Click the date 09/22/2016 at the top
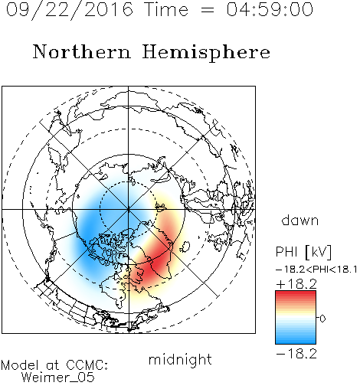pos(69,10)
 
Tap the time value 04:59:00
pos(270,9)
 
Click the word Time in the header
pos(166,9)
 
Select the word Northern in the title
pos(82,51)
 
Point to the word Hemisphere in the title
pos(206,53)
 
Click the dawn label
pos(300,220)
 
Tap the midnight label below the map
pos(180,360)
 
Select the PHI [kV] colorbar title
pos(303,252)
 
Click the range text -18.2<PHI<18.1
pos(316,270)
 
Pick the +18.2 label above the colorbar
pos(296,284)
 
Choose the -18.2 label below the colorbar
pos(296,354)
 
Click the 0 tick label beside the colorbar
pos(322,319)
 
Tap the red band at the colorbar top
pos(296,295)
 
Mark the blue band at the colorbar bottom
pos(296,340)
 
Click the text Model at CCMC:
pos(54,365)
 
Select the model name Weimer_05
pos(58,378)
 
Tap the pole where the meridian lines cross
pos(129,209)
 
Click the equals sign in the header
pos(207,10)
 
